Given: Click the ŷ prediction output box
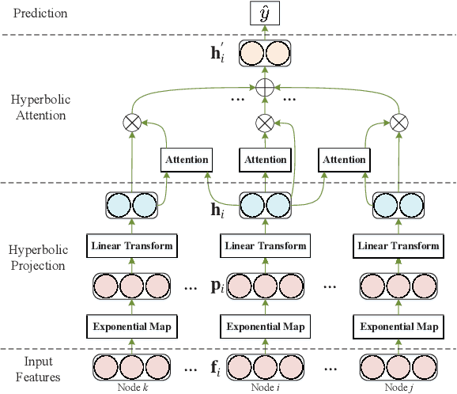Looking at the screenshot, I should pyautogui.click(x=265, y=13).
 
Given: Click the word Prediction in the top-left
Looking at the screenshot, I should pyautogui.click(x=34, y=13).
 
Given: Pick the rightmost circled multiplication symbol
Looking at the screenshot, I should pyautogui.click(x=400, y=122).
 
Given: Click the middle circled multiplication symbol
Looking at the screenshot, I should pyautogui.click(x=265, y=122).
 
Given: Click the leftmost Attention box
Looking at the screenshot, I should pyautogui.click(x=187, y=159).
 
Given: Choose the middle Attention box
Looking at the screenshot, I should pyautogui.click(x=265, y=159).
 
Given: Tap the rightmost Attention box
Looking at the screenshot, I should pyautogui.click(x=345, y=159).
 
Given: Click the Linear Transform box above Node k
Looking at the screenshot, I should pyautogui.click(x=130, y=245).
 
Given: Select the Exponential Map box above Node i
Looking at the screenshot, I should pyautogui.click(x=265, y=325).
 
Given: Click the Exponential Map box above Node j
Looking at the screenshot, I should pyautogui.click(x=399, y=325).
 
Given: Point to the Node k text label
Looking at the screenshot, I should pyautogui.click(x=130, y=387).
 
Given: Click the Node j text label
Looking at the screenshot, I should pyautogui.click(x=399, y=387).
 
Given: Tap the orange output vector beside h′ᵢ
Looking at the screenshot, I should pyautogui.click(x=265, y=54).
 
